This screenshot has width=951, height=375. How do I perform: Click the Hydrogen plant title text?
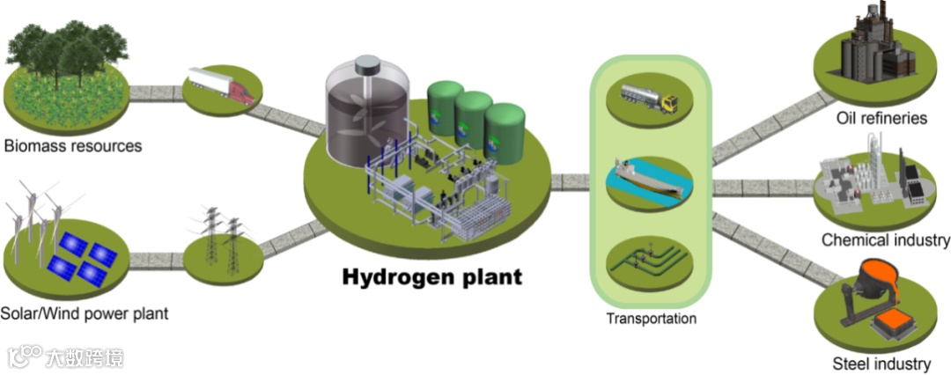point(431,276)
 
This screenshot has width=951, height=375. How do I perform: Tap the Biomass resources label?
point(72,145)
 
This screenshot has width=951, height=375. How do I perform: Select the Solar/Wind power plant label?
point(85,313)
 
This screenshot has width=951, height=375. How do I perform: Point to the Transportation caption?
point(651,319)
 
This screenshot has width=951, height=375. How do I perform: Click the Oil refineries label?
point(881,118)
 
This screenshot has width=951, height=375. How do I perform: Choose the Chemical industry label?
point(885,239)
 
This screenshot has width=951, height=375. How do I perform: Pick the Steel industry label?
point(881,363)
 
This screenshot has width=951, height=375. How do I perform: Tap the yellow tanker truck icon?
point(649,97)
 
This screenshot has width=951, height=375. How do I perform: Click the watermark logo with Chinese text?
point(66,357)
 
